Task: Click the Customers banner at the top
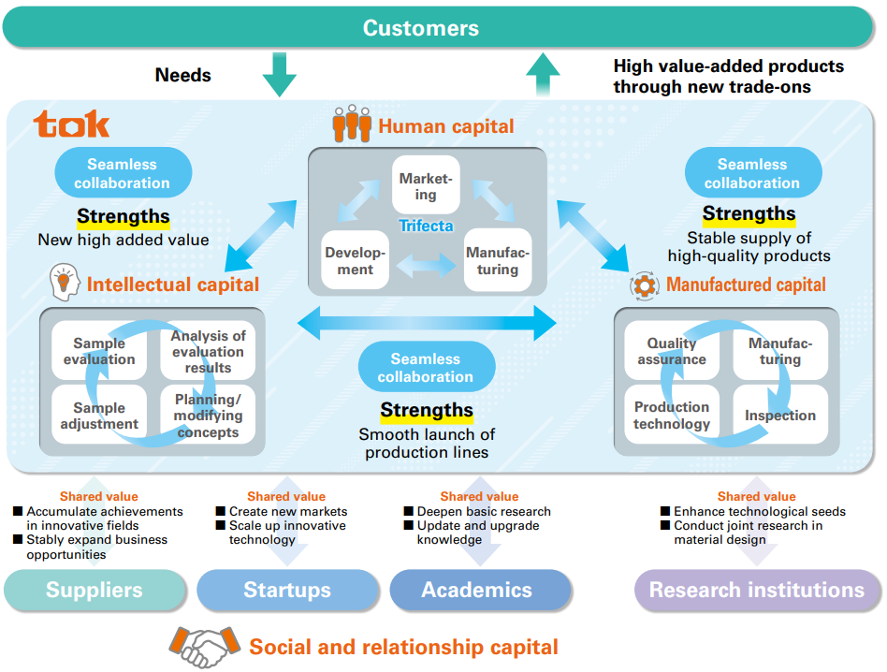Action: [421, 27]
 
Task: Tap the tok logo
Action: [72, 124]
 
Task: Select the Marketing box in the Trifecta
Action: [426, 185]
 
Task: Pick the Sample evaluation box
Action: [99, 351]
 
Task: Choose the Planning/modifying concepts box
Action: [208, 416]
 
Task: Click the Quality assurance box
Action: [672, 351]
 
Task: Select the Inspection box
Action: [780, 415]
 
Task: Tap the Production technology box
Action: [672, 415]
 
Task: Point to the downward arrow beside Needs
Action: [279, 75]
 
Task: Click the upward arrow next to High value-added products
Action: [543, 75]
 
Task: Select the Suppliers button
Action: [95, 591]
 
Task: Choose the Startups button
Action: [287, 591]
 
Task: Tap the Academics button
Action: [477, 591]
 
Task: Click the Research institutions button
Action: [757, 591]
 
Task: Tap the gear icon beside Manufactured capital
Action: [645, 285]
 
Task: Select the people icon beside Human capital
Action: [352, 124]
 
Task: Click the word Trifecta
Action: [426, 226]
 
